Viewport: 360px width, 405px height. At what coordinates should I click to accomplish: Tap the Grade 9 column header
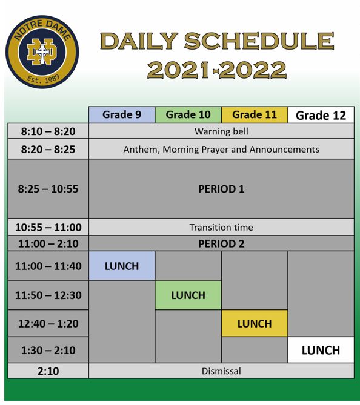[x=122, y=114]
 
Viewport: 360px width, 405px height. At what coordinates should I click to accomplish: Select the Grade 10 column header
[x=188, y=114]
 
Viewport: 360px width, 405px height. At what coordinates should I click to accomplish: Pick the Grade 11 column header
[x=255, y=114]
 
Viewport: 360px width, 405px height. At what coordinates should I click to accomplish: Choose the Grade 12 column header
[x=321, y=115]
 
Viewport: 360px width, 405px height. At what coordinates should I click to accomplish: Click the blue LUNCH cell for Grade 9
[x=122, y=266]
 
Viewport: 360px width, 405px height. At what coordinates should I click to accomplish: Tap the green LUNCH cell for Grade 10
[x=188, y=295]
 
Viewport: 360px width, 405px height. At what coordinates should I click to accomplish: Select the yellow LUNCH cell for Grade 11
[x=255, y=324]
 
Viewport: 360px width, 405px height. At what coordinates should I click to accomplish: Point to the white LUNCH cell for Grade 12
[x=321, y=350]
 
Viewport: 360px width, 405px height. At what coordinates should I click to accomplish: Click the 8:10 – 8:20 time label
[x=48, y=131]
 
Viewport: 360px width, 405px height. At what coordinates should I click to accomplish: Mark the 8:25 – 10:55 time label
[x=48, y=189]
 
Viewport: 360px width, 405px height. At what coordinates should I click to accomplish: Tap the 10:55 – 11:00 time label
[x=48, y=228]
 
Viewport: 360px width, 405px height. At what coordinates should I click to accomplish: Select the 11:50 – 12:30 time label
[x=48, y=295]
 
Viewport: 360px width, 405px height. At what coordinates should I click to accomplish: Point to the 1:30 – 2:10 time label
[x=48, y=350]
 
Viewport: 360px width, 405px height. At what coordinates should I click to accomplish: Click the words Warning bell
[x=221, y=131]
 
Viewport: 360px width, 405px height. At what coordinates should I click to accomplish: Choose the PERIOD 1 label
[x=221, y=189]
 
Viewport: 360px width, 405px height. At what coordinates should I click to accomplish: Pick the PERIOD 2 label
[x=221, y=243]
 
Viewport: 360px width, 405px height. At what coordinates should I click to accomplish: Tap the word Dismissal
[x=221, y=370]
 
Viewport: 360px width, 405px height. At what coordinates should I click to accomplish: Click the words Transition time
[x=221, y=228]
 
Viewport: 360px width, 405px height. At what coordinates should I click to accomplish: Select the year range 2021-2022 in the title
[x=217, y=70]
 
